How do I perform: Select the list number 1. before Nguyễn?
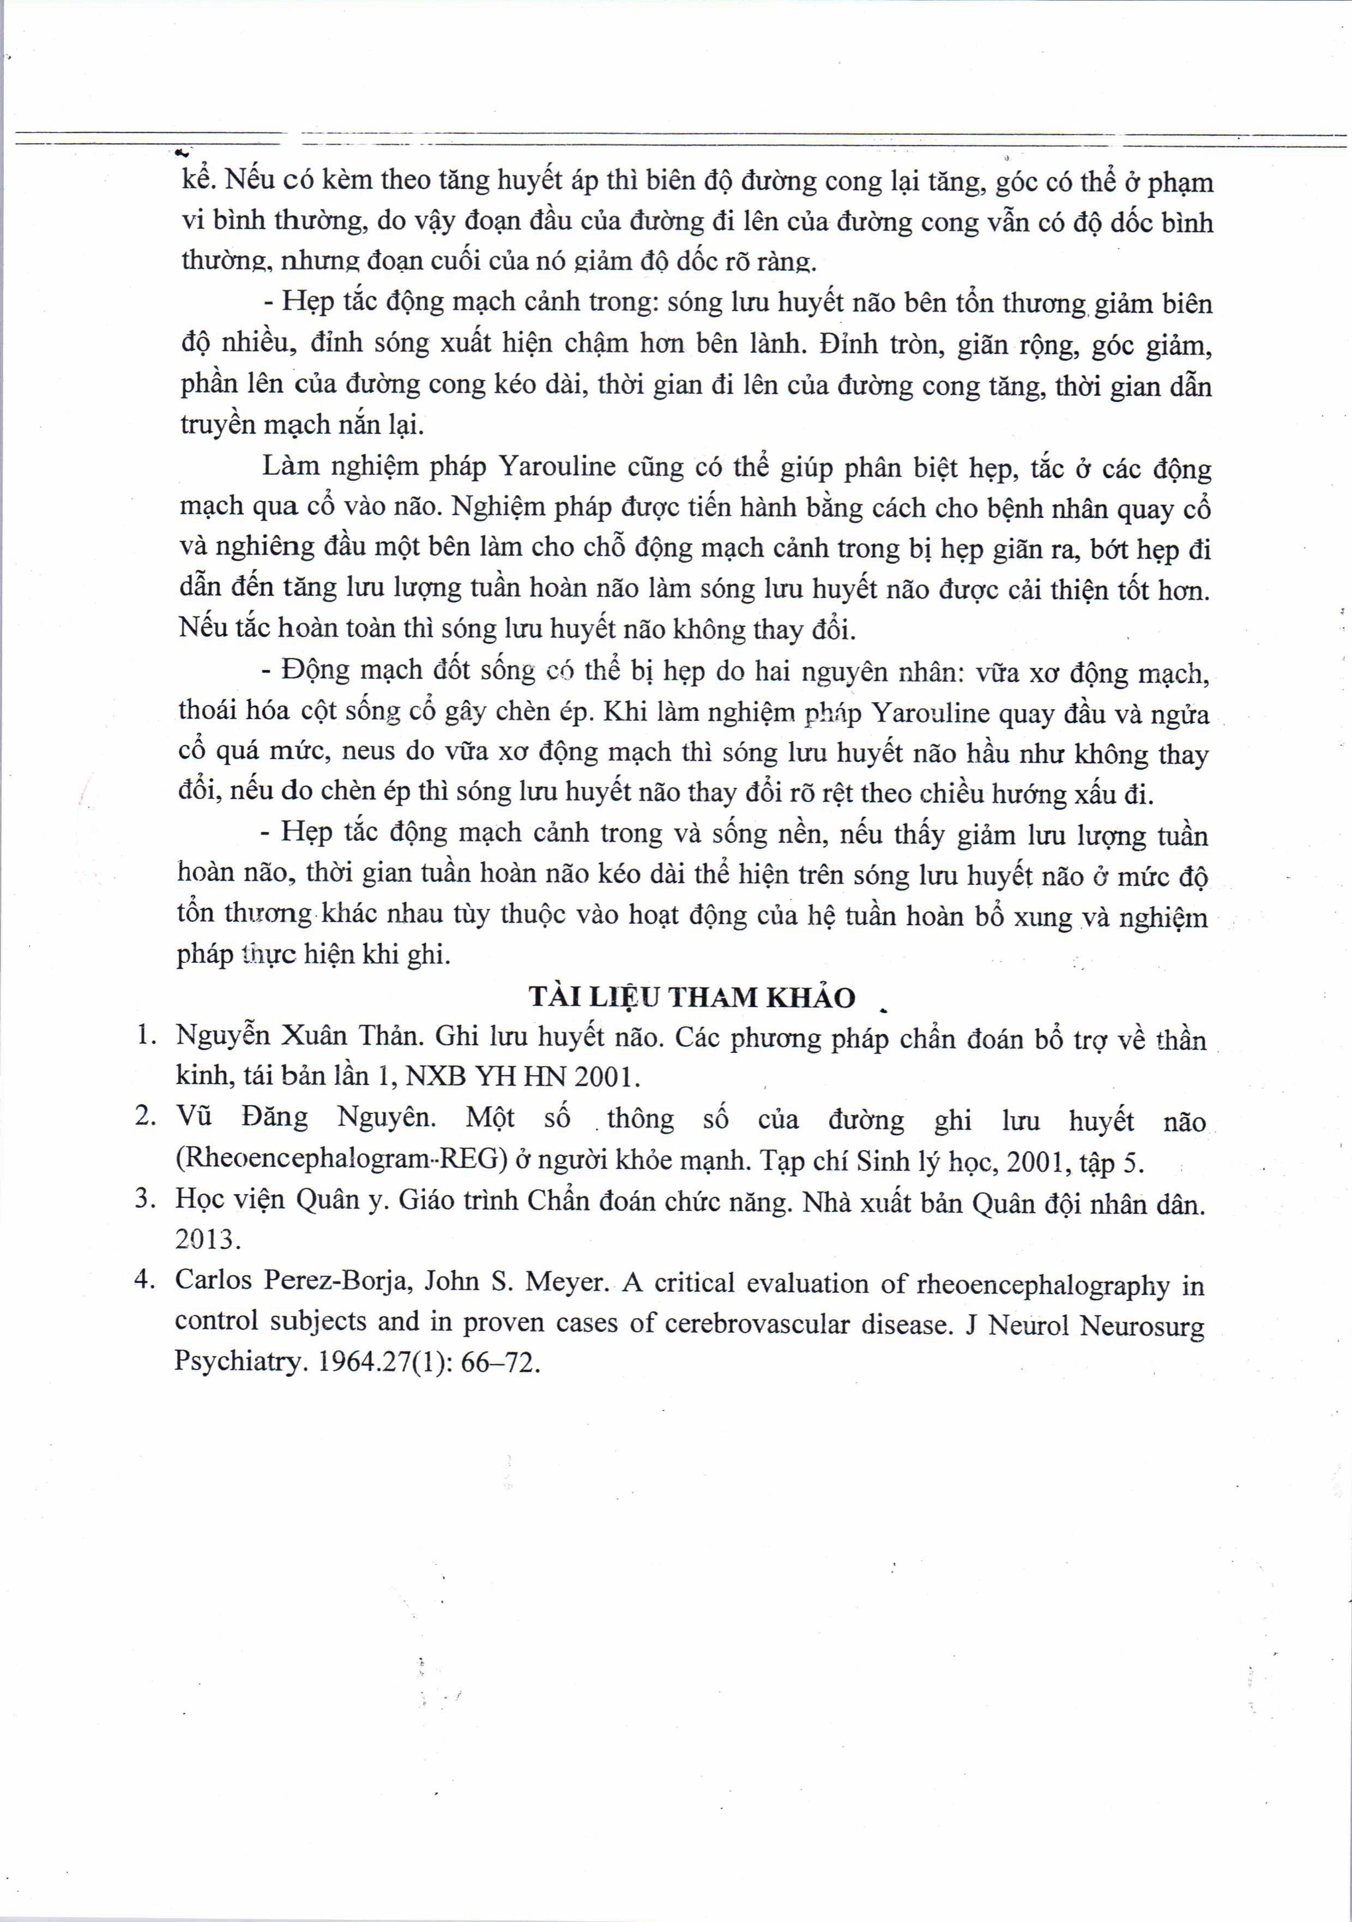tap(147, 1035)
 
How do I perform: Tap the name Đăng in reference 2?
tap(275, 1118)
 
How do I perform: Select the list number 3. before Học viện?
tap(146, 1199)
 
